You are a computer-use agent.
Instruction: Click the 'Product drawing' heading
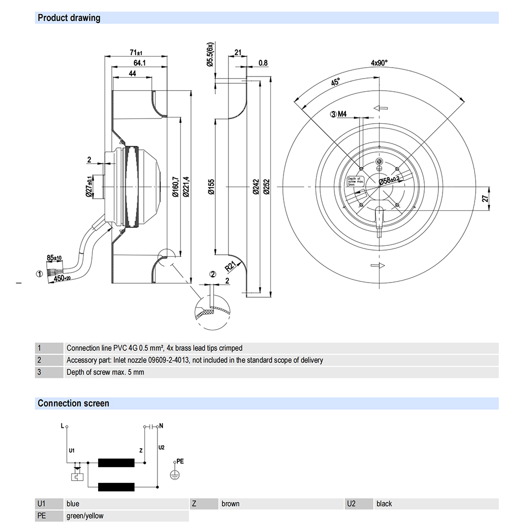click(69, 18)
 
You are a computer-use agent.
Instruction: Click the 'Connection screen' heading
click(73, 403)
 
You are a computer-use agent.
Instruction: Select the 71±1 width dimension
click(136, 52)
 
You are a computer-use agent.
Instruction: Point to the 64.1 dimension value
click(139, 63)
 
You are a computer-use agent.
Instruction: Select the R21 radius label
click(230, 266)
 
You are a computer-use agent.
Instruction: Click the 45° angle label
click(335, 82)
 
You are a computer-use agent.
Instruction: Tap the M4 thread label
click(342, 114)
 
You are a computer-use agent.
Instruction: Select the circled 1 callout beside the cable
click(39, 274)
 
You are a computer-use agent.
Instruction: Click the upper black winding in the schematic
click(117, 463)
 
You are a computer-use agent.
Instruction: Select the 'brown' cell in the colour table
click(230, 504)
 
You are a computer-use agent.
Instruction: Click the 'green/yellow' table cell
click(85, 516)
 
